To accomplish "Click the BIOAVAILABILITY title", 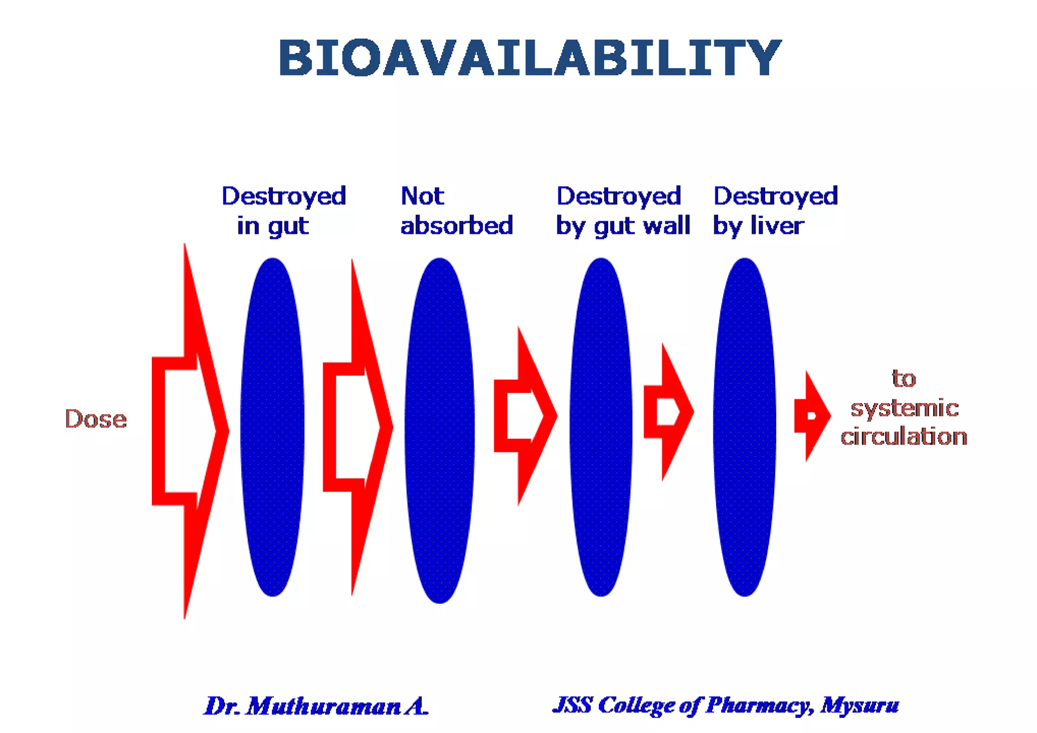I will pyautogui.click(x=530, y=58).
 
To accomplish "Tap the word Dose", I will pyautogui.click(x=96, y=419).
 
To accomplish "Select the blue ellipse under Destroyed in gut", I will pyautogui.click(x=272, y=427).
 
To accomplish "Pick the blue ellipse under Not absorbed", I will pyautogui.click(x=440, y=430).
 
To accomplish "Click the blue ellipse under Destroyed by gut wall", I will pyautogui.click(x=601, y=427).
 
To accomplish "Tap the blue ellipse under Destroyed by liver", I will pyautogui.click(x=744, y=427).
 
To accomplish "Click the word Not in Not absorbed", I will pyautogui.click(x=422, y=196).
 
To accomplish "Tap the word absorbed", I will pyautogui.click(x=457, y=226).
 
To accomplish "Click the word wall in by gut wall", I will pyautogui.click(x=669, y=226).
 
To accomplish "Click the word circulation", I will pyautogui.click(x=904, y=437).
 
